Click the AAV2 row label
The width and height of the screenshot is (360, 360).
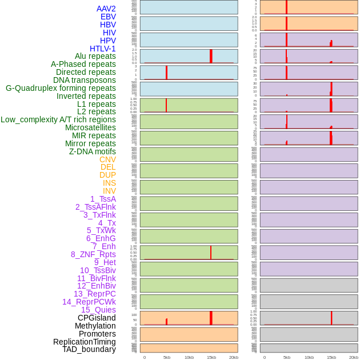(106, 9)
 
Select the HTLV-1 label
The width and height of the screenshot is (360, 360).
(102, 49)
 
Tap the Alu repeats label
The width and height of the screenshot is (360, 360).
(95, 56)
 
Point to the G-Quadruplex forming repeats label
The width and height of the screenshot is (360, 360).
(61, 88)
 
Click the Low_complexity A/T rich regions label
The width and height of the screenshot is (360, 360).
(58, 119)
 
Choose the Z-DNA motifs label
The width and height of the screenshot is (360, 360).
(92, 151)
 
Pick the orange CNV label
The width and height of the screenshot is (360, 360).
(107, 159)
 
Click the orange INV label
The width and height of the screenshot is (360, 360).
(109, 191)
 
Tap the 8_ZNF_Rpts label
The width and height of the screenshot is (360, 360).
(93, 254)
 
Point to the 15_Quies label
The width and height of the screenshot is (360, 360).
(98, 310)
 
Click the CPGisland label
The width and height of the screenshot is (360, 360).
(97, 318)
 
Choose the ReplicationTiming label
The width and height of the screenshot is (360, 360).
(84, 342)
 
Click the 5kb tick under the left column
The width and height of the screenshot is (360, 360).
(167, 357)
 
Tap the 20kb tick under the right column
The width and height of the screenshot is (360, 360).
(354, 357)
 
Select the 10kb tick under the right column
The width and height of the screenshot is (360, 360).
(309, 357)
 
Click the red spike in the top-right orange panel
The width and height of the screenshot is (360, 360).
(286, 7)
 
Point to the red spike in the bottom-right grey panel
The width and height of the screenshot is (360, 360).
(331, 318)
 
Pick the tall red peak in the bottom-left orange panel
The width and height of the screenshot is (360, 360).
(211, 318)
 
